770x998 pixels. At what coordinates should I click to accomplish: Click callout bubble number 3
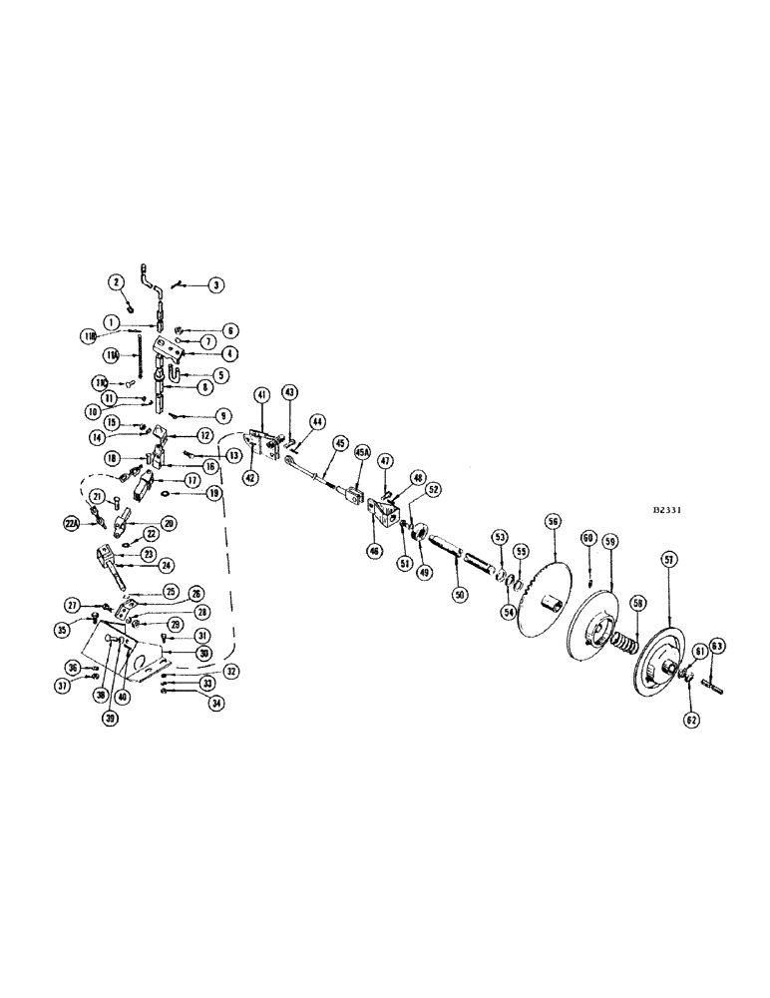coord(216,284)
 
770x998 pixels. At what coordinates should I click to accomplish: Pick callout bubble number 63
coord(718,647)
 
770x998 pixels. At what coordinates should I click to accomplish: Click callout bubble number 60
coord(589,539)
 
